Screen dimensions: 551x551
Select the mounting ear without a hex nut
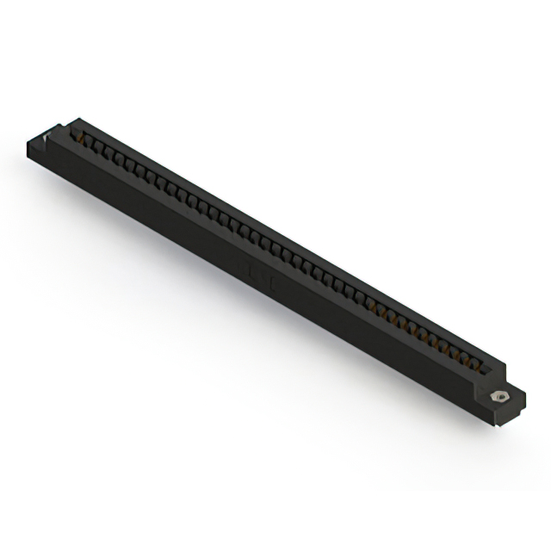point(43,145)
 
